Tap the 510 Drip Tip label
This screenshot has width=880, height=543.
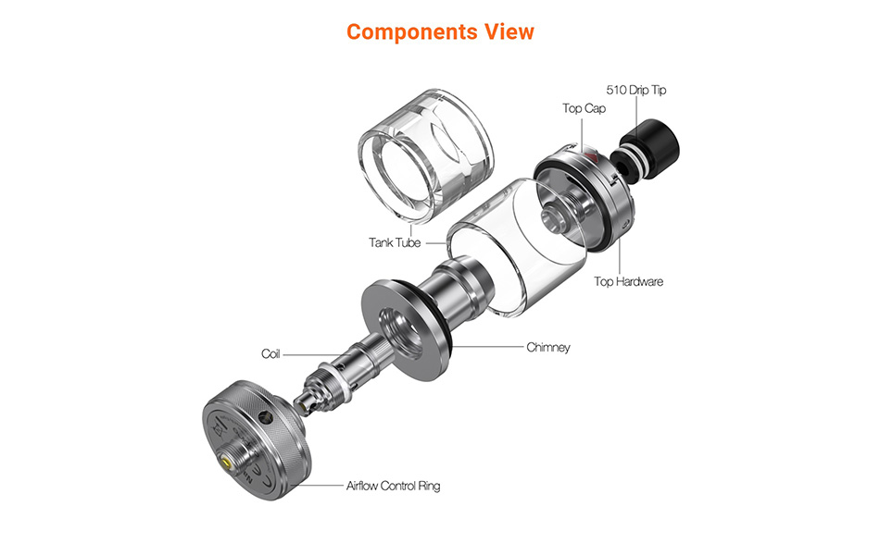tap(635, 90)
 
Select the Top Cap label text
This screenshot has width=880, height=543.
tap(585, 108)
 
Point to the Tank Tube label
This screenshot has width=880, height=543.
tap(395, 243)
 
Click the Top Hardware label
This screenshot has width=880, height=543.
tap(628, 281)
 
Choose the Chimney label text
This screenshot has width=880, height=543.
tap(548, 348)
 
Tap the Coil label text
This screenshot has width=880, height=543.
tap(270, 353)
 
